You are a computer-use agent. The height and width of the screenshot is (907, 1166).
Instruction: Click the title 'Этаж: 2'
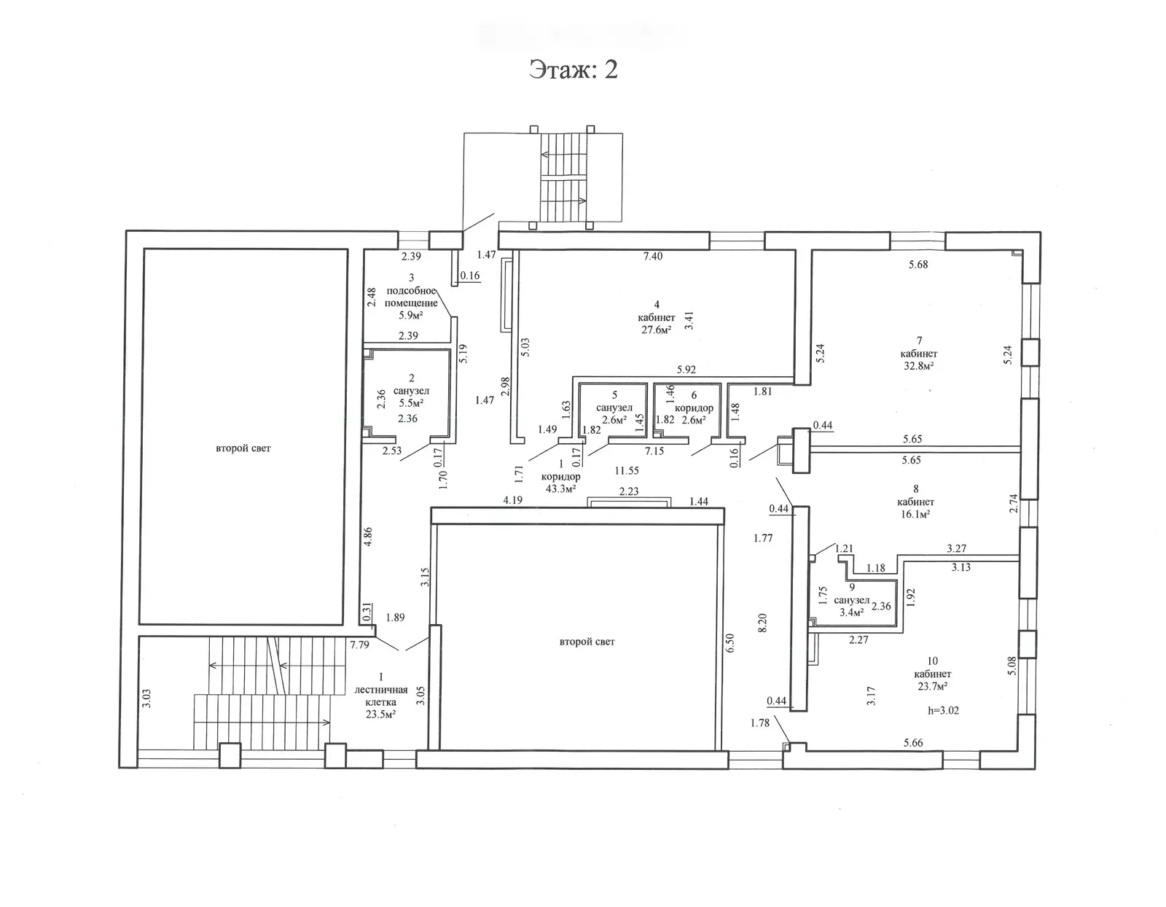(x=574, y=70)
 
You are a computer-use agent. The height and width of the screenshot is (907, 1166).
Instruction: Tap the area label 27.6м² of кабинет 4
(x=657, y=330)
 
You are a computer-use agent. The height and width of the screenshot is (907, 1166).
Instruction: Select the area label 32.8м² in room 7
(x=919, y=366)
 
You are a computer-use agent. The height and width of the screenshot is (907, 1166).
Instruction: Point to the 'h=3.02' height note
(x=943, y=710)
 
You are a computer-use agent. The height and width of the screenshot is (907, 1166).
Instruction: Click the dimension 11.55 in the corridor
(x=627, y=470)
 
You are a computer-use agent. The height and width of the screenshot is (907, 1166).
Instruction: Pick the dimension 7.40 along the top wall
(x=653, y=256)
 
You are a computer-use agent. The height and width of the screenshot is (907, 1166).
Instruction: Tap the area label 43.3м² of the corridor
(x=560, y=488)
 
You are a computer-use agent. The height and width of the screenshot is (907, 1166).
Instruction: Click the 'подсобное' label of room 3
(x=411, y=291)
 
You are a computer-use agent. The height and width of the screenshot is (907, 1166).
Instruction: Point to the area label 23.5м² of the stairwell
(x=380, y=714)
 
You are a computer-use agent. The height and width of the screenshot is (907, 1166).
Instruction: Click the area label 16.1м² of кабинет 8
(x=915, y=513)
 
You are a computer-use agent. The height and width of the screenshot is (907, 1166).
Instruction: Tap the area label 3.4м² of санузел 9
(x=852, y=612)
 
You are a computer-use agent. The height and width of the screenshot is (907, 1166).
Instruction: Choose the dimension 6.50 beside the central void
(x=729, y=642)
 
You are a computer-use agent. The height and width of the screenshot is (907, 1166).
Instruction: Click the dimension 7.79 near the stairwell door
(x=359, y=645)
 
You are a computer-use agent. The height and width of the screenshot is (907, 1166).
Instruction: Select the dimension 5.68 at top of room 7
(x=918, y=264)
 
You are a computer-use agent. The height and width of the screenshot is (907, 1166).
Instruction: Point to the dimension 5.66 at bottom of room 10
(x=913, y=743)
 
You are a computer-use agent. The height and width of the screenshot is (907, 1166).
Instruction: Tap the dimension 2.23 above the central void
(x=629, y=491)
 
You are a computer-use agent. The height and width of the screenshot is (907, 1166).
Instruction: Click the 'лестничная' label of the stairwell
(x=381, y=690)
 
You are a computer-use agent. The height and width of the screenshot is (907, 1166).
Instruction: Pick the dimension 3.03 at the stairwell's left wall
(x=146, y=698)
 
